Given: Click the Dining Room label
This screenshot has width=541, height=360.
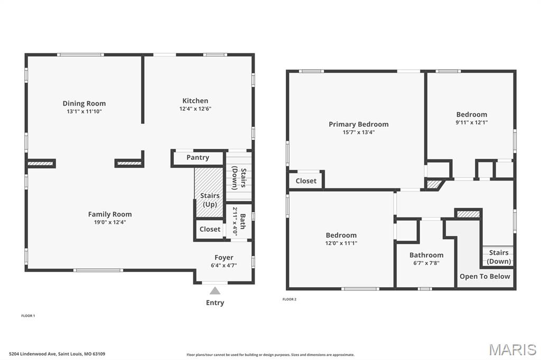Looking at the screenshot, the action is [x=84, y=103].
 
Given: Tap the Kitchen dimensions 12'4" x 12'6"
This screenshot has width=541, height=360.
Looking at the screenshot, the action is [x=195, y=109].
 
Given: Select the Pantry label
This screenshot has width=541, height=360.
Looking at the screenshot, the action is [x=198, y=158].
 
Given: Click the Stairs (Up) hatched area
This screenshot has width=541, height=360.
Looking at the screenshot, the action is [x=209, y=192].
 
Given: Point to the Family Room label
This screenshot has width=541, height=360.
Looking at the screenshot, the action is [x=110, y=214].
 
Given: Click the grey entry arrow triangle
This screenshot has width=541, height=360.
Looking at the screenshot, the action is [x=215, y=290].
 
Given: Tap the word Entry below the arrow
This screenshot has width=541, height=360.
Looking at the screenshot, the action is [x=215, y=303].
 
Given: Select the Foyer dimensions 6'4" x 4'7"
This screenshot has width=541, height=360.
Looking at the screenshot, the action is [x=224, y=266].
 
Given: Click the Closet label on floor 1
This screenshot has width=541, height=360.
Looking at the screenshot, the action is [x=210, y=229].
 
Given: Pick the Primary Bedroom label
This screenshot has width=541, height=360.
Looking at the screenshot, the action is [x=359, y=124].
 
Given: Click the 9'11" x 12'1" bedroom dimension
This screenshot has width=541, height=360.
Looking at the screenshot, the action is [x=472, y=122].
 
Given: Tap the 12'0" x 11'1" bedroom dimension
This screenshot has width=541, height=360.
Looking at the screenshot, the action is [x=341, y=243].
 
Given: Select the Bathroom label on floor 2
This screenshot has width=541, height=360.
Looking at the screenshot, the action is [x=426, y=255].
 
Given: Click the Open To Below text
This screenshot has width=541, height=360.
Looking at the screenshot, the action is [x=485, y=276].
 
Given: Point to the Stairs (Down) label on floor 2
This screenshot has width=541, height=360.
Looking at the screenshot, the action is [x=499, y=257].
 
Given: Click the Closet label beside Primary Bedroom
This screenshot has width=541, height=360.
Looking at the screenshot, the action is [x=306, y=181].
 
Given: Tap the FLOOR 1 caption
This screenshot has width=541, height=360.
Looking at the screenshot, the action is [x=29, y=316].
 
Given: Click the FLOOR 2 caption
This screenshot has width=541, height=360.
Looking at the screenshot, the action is [x=290, y=299].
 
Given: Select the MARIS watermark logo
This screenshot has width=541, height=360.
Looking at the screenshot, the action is [x=512, y=349].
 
